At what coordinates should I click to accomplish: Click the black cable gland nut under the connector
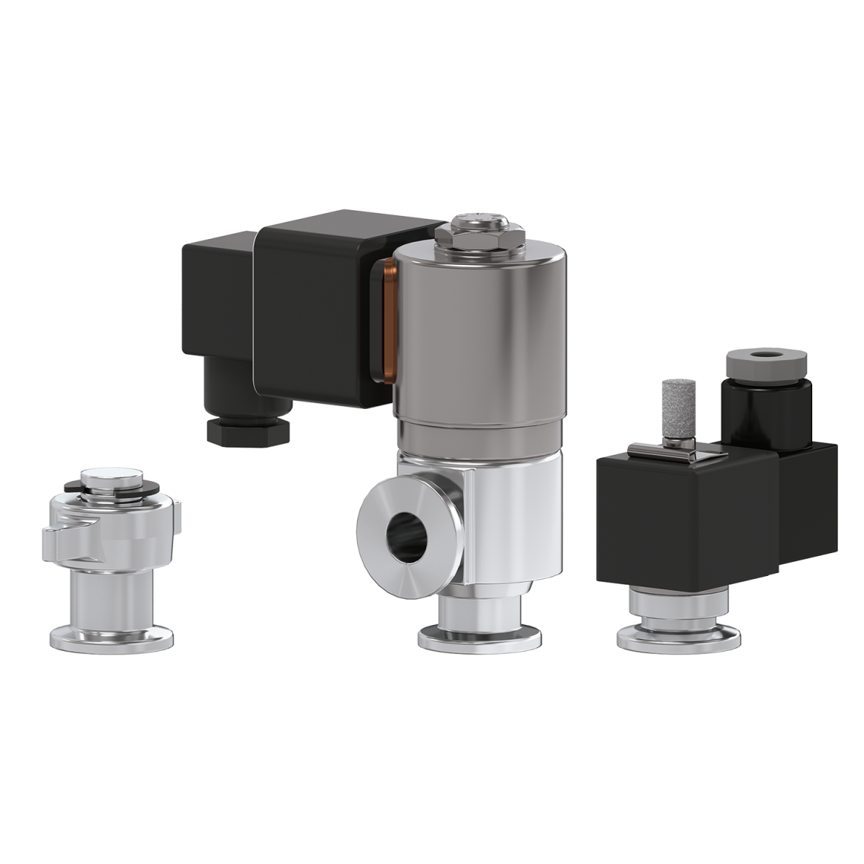click(x=248, y=430)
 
